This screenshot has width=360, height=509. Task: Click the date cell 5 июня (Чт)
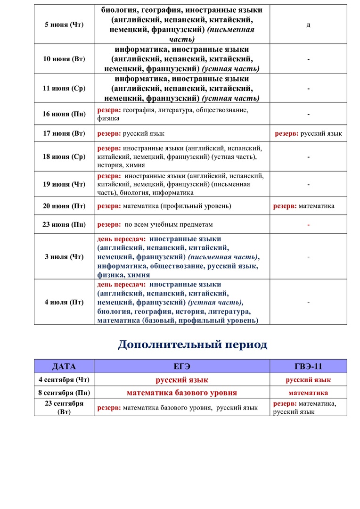pyautogui.click(x=64, y=25)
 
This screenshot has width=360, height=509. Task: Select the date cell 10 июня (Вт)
pyautogui.click(x=64, y=59)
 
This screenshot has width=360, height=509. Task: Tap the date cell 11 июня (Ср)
pyautogui.click(x=64, y=89)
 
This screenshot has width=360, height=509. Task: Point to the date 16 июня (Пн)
pyautogui.click(x=64, y=114)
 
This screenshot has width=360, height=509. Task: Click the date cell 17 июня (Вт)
pyautogui.click(x=64, y=133)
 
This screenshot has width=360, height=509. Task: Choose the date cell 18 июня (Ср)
pyautogui.click(x=64, y=156)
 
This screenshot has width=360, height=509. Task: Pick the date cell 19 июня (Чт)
pyautogui.click(x=64, y=184)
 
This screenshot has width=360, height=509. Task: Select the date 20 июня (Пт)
pyautogui.click(x=64, y=206)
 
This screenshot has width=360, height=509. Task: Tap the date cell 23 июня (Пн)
pyautogui.click(x=64, y=224)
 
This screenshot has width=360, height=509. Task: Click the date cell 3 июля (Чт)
pyautogui.click(x=64, y=257)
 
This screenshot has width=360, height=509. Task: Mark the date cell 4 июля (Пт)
pyautogui.click(x=64, y=302)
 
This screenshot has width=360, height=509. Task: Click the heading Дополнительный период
pyautogui.click(x=192, y=345)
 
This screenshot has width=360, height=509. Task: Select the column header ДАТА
pyautogui.click(x=64, y=366)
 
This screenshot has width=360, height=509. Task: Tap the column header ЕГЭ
pyautogui.click(x=182, y=366)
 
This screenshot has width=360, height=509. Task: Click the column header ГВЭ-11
pyautogui.click(x=308, y=366)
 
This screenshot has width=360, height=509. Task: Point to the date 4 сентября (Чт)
pyautogui.click(x=64, y=379)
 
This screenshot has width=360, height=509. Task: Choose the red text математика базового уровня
pyautogui.click(x=182, y=393)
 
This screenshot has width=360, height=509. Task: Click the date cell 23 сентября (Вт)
pyautogui.click(x=64, y=407)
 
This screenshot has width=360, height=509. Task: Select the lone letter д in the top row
pyautogui.click(x=308, y=25)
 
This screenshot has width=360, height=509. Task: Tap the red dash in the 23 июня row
pyautogui.click(x=308, y=225)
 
